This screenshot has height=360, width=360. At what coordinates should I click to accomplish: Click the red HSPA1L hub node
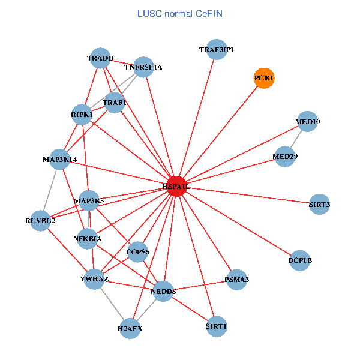point(176,187)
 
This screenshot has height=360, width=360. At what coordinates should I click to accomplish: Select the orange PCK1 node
point(264,79)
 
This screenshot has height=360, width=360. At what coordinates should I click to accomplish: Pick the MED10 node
point(307,122)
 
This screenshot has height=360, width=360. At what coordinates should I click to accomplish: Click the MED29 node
point(285,157)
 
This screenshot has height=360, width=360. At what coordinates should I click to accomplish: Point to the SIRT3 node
point(319,205)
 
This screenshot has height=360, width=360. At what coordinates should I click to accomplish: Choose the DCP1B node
point(299,260)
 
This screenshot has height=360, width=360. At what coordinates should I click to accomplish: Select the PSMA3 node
point(236,280)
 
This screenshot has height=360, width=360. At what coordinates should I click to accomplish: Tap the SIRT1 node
point(216,326)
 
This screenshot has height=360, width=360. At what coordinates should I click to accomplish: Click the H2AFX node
point(130,328)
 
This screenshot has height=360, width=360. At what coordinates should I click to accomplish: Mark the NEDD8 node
point(163,292)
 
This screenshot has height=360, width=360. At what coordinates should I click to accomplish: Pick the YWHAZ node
point(94,279)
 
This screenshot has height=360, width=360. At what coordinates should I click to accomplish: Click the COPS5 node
point(138,252)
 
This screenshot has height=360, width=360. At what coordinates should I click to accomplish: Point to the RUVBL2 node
point(40,221)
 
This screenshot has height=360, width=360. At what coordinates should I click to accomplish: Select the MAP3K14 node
point(59,160)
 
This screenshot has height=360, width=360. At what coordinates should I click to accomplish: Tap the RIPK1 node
point(82,114)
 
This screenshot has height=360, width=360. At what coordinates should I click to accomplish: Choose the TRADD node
point(100,59)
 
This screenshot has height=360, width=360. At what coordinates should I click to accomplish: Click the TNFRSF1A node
point(143,67)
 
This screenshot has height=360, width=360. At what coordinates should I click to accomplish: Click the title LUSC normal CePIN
point(179,13)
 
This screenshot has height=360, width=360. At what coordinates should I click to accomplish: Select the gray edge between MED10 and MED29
point(296,139)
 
